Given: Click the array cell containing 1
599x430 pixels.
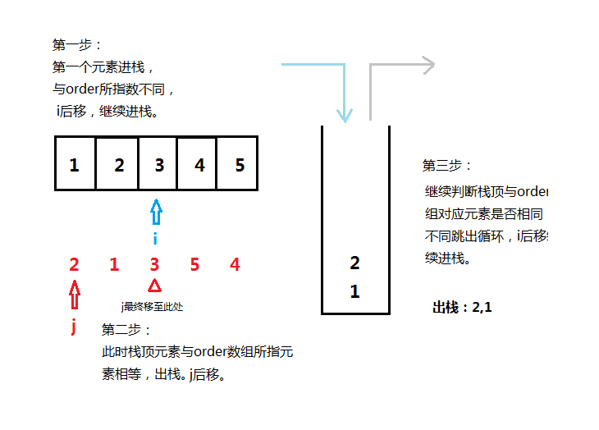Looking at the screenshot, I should point(75,164).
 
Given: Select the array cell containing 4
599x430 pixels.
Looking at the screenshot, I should point(199,164).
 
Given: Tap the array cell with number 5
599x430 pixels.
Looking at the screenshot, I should point(239,164).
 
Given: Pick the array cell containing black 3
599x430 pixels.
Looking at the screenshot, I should point(158,164).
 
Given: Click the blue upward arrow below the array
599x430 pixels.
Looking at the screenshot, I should point(156,213).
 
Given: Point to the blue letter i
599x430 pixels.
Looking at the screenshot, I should point(155,239).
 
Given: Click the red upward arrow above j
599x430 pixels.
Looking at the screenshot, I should point(75,293).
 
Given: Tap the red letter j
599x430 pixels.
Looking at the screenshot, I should point(74,327).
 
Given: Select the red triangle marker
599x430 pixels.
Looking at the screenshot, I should point(154,286).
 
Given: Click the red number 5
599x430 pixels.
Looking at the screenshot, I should point(194,265).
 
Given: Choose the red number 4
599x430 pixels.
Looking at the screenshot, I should point(235,265).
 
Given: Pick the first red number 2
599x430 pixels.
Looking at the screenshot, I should point(75,265).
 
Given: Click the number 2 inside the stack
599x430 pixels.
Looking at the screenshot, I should point(354,263).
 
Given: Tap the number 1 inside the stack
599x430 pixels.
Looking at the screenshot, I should point(354,291).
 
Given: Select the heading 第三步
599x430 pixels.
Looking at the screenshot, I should point(447,166).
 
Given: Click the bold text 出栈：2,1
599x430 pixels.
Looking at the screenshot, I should point(462,308).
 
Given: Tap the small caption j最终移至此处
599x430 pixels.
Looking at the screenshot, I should point(152,306).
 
